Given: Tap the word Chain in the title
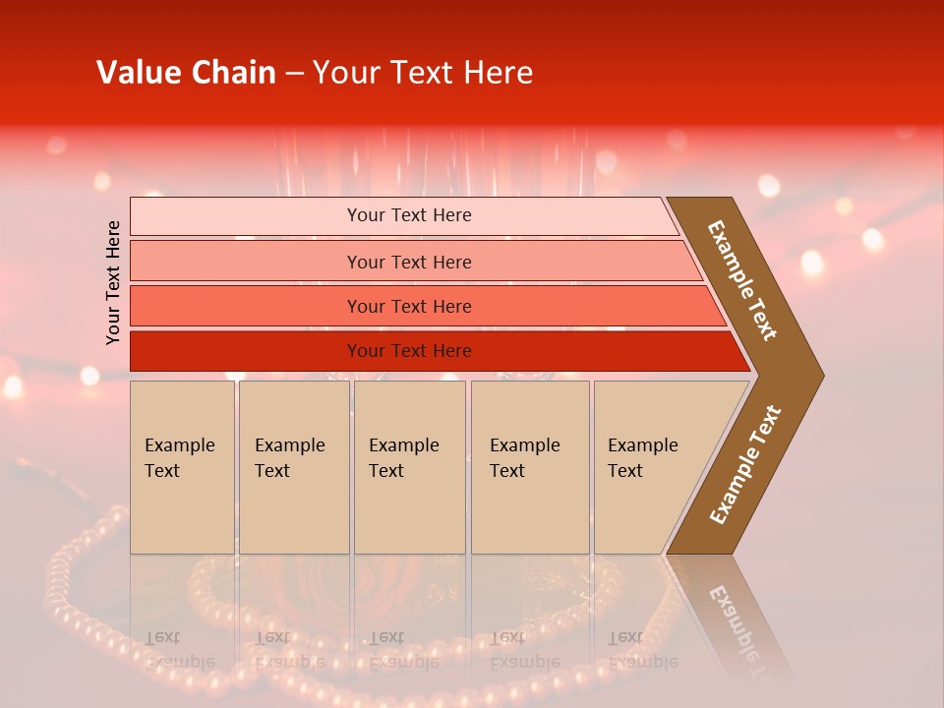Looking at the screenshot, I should click(233, 73).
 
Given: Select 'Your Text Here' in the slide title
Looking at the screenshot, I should click(423, 73).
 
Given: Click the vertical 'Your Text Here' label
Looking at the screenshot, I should click(113, 282).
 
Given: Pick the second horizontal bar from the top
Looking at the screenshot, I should click(409, 262).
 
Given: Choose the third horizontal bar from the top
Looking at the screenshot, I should click(409, 306).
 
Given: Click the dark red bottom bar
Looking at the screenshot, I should click(409, 351).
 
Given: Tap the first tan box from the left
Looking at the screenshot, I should click(182, 466).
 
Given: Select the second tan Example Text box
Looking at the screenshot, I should click(293, 466).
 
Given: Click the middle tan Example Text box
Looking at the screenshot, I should click(409, 466).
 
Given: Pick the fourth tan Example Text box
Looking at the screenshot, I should click(529, 466).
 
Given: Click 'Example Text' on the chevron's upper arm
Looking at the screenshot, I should click(743, 280).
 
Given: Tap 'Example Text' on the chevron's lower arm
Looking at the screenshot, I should click(745, 465).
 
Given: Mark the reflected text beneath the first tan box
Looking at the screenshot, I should click(179, 649).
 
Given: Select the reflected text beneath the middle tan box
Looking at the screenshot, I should click(403, 649).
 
